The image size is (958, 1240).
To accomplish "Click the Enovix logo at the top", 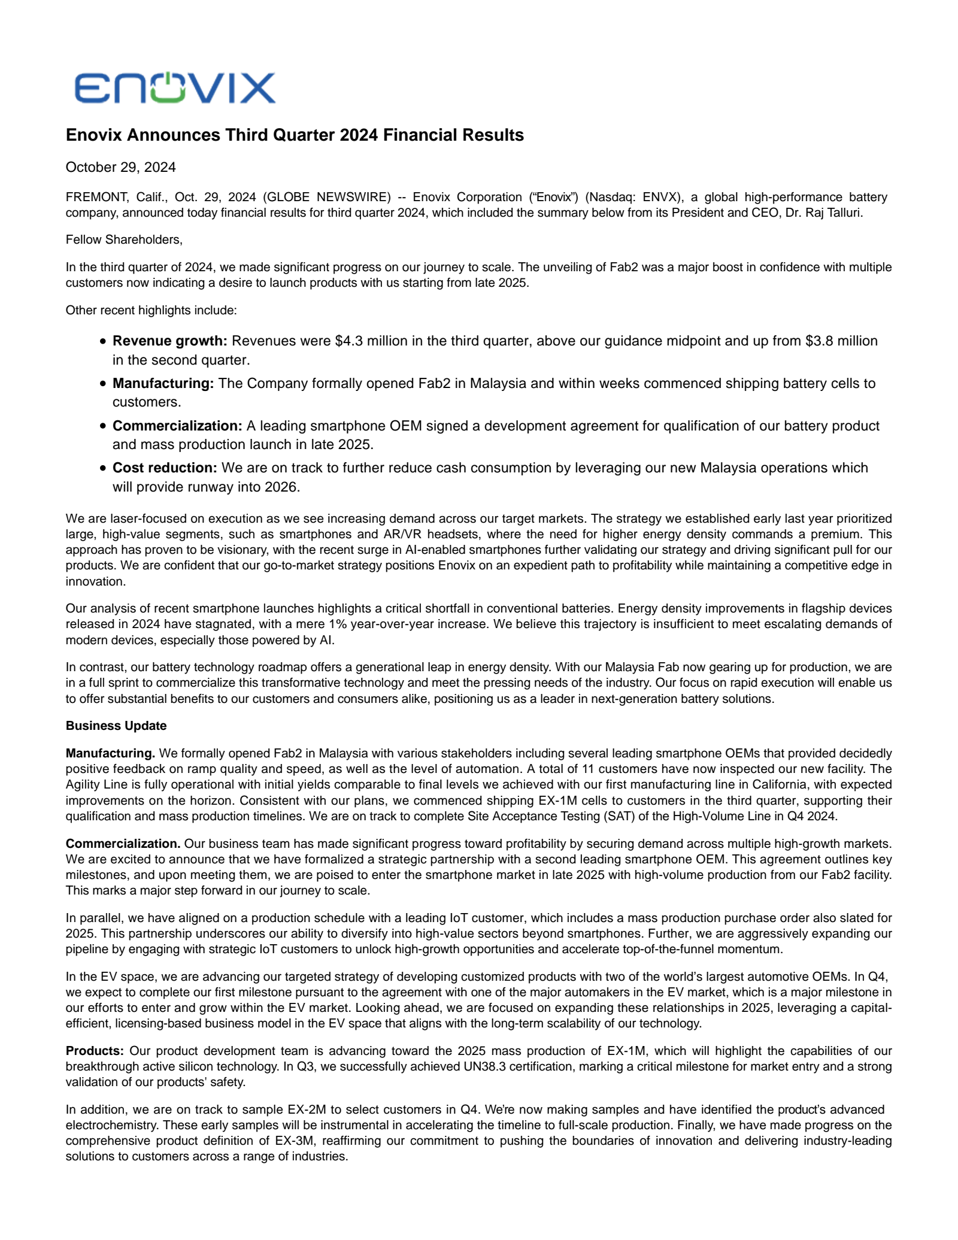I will [175, 88].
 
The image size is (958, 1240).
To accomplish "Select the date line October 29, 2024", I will [120, 167].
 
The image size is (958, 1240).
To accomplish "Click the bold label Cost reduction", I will [165, 468].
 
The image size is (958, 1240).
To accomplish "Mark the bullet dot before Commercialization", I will [103, 426].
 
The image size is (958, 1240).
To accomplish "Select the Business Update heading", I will [116, 726].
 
